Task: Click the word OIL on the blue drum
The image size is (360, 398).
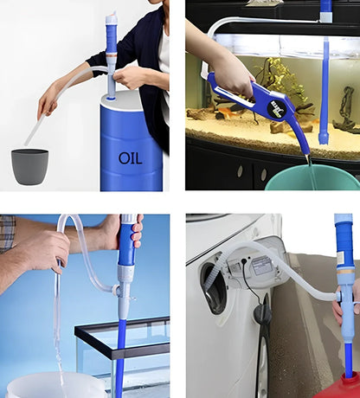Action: click(x=132, y=158)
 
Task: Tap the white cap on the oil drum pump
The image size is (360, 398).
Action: click(x=111, y=17)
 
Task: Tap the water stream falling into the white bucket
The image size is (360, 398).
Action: click(x=60, y=346)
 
